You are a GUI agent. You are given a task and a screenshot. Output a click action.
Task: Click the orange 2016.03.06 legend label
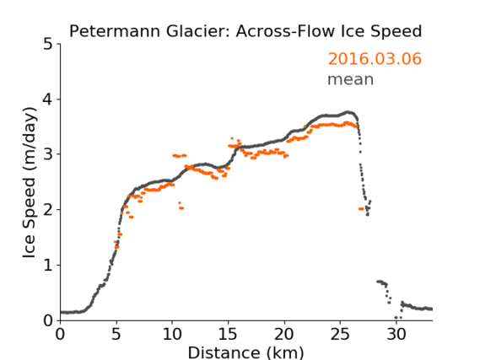tap(375, 59)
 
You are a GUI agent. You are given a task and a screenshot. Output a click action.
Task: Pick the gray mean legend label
tap(351, 79)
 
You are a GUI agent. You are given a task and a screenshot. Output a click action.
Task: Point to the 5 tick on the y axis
tap(48, 45)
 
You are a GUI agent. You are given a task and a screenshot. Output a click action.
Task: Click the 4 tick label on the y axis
tap(48, 99)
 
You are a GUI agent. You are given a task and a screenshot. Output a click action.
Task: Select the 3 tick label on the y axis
tap(48, 154)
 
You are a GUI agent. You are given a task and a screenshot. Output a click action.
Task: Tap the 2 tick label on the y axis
tap(48, 210)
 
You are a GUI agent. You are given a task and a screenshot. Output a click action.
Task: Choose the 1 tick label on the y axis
tap(48, 266)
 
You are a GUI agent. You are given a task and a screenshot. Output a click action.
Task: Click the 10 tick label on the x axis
tap(172, 335)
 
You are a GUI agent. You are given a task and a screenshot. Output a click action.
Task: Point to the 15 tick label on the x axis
tap(229, 335)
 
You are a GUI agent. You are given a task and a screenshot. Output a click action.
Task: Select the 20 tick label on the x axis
tap(284, 335)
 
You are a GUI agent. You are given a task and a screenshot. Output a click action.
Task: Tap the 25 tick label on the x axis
tap(341, 335)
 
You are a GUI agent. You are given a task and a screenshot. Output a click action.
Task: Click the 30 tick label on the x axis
tap(396, 335)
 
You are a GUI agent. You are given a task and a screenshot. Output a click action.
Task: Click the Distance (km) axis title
tap(245, 352)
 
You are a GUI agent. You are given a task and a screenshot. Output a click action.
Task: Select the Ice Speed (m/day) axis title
tap(30, 183)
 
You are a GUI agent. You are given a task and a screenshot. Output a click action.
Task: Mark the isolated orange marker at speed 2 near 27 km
tap(361, 208)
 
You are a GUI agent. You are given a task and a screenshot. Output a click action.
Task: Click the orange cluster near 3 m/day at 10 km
tap(180, 156)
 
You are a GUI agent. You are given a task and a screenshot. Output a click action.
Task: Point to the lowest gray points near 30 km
tap(398, 318)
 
